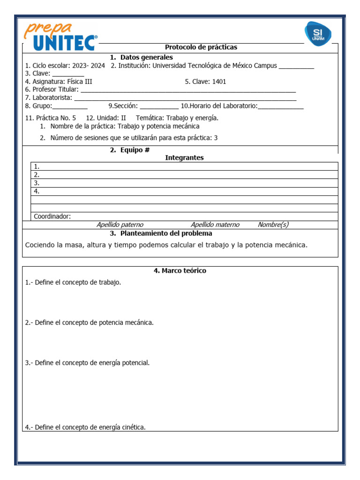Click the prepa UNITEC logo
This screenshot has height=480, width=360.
61,37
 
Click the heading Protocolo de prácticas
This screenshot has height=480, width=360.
201,47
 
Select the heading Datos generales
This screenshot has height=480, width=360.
141,57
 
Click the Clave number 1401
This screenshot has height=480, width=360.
219,82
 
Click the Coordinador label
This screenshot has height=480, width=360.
52,216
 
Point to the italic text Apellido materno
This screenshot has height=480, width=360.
215,225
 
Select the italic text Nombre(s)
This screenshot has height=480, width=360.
273,225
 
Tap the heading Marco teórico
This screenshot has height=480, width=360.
180,270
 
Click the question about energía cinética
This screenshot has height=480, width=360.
85,427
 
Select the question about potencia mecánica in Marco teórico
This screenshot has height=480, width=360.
89,322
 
